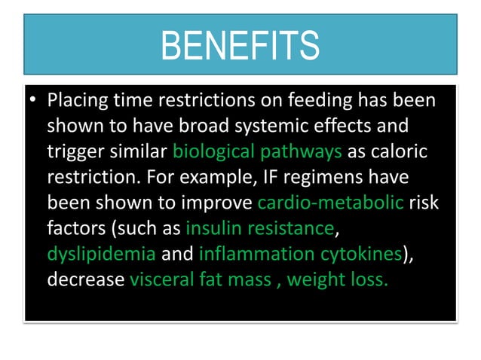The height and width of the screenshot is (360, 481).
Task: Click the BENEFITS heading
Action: (240, 45)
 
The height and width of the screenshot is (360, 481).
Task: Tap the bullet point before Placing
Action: (33, 101)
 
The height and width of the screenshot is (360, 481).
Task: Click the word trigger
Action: (77, 152)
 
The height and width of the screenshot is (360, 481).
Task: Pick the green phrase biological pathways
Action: (258, 152)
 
